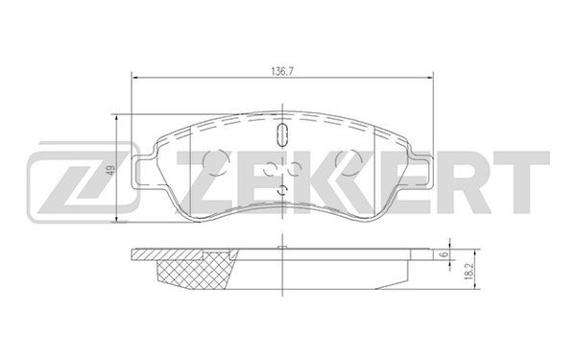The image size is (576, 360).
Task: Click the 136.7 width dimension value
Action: (x=281, y=72)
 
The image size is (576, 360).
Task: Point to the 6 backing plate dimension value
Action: (x=444, y=254)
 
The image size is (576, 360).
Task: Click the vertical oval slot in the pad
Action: (x=282, y=134)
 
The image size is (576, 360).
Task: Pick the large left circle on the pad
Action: (x=216, y=162)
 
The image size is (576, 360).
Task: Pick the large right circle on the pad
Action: (x=349, y=162)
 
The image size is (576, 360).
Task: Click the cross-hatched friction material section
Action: (x=195, y=272)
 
